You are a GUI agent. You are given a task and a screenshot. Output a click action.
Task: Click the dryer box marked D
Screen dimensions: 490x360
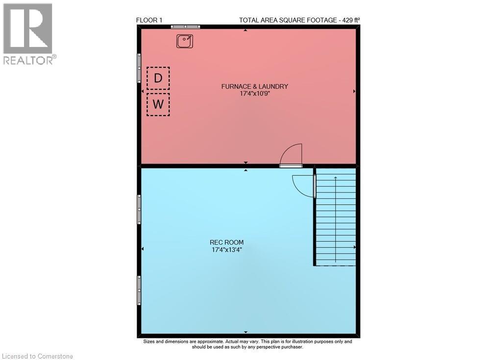pyautogui.click(x=158, y=78)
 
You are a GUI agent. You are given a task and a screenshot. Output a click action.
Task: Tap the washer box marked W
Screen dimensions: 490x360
pyautogui.click(x=158, y=104)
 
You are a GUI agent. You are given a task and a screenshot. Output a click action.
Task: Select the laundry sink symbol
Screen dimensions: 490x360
pyautogui.click(x=185, y=41)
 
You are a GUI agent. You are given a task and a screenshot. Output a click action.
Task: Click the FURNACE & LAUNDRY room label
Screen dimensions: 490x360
pyautogui.click(x=255, y=87)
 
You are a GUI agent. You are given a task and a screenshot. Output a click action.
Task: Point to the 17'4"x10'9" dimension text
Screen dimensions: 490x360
pyautogui.click(x=255, y=94)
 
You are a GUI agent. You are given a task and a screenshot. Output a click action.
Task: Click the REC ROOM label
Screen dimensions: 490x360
pyautogui.click(x=226, y=242)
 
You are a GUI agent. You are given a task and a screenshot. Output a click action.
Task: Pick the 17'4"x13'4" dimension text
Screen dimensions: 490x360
pyautogui.click(x=227, y=249)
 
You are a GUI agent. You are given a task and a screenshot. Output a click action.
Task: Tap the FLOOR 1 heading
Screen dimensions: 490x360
pyautogui.click(x=149, y=20)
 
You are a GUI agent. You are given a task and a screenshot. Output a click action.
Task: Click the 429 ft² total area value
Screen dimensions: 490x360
pyautogui.click(x=351, y=20)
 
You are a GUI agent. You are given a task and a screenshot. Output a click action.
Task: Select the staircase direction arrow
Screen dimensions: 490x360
pyautogui.click(x=336, y=219)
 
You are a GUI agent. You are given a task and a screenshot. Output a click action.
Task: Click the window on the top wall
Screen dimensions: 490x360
pyautogui.click(x=185, y=27)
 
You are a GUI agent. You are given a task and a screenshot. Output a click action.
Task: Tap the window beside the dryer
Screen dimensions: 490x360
pyautogui.click(x=139, y=68)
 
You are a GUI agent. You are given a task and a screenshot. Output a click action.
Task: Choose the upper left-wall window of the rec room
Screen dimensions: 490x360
pyautogui.click(x=139, y=209)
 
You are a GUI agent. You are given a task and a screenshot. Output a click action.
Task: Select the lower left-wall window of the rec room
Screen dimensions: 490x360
pyautogui.click(x=139, y=290)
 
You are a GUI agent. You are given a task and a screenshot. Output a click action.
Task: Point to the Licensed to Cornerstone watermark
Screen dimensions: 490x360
pyautogui.click(x=38, y=356)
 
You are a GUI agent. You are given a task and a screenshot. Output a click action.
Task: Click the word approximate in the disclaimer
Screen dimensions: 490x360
pyautogui.click(x=211, y=341)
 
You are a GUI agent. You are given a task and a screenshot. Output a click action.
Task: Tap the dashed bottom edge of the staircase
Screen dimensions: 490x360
pyautogui.click(x=335, y=265)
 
